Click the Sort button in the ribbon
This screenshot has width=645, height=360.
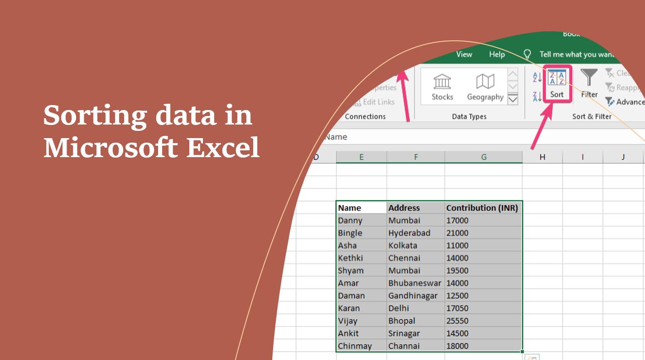point(557,84)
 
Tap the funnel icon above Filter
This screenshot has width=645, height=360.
point(589,77)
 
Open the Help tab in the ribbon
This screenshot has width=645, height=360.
point(496,54)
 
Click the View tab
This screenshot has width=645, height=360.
point(464,54)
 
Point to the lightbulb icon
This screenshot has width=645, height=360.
point(527,54)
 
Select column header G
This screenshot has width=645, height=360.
point(483,157)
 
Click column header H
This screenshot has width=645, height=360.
point(542,157)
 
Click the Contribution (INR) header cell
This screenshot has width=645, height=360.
point(483,208)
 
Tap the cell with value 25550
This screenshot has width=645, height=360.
point(483,321)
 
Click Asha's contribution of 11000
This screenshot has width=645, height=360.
point(483,245)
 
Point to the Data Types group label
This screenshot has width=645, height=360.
point(469,116)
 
